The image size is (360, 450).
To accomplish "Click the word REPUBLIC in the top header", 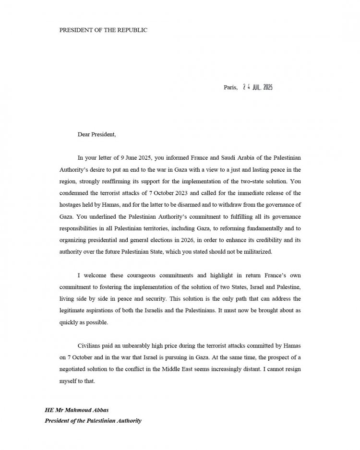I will [x=132, y=30].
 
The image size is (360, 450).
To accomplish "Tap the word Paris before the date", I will [x=230, y=87].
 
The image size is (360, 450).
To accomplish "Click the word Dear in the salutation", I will [x=84, y=134].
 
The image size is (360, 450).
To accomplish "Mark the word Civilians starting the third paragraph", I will [x=90, y=345].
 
